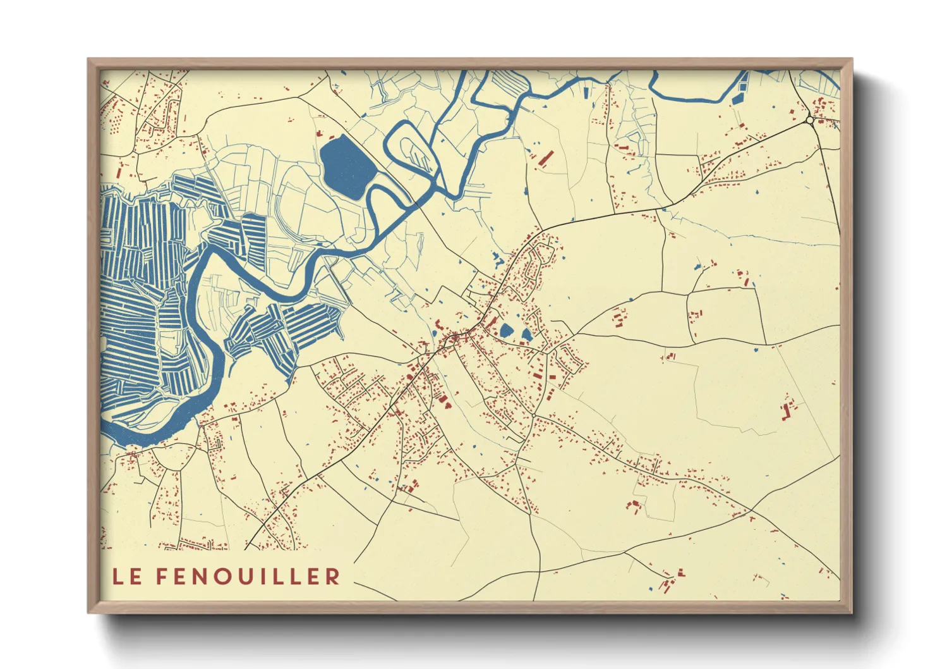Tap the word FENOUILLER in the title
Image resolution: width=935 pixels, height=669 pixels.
coord(248,576)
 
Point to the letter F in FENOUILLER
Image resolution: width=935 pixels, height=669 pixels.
coord(161,576)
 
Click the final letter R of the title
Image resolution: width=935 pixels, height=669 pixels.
coord(333,576)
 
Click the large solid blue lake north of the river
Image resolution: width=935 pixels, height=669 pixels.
coord(346,166)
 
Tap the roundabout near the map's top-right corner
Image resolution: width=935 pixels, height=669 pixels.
coord(810,120)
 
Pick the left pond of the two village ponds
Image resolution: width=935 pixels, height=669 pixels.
coord(506,331)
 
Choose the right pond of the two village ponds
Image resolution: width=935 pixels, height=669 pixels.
coord(526,334)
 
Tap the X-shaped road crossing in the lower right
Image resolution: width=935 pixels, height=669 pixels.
coord(752,508)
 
